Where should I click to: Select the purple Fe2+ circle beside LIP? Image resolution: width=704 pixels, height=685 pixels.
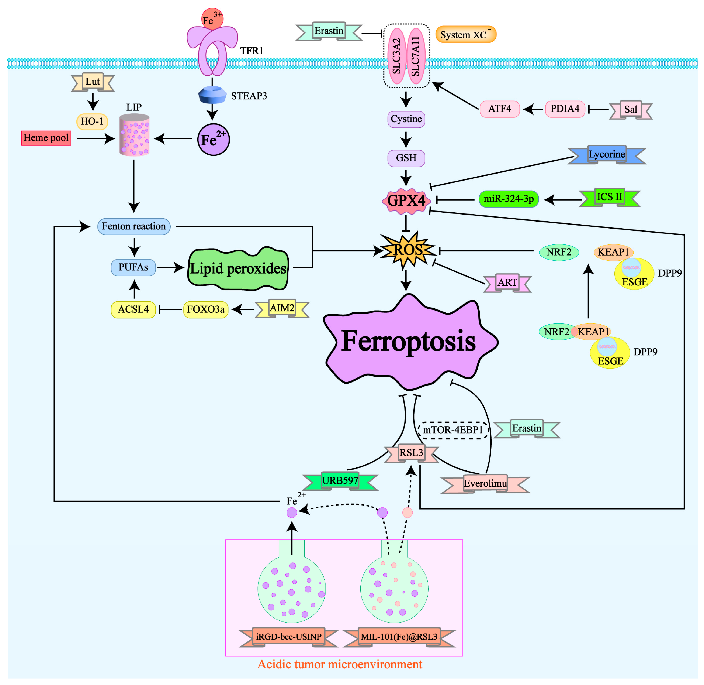pyautogui.click(x=213, y=140)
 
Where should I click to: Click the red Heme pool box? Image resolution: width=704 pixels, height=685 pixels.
pyautogui.click(x=46, y=138)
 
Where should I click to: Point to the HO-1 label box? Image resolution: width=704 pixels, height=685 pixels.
pyautogui.click(x=92, y=122)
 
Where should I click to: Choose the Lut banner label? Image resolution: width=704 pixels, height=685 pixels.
pyautogui.click(x=93, y=82)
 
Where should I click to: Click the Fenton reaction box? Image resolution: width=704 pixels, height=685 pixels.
pyautogui.click(x=134, y=226)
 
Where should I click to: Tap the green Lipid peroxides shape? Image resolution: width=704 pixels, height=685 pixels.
pyautogui.click(x=238, y=269)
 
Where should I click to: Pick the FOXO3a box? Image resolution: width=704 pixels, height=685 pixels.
pyautogui.click(x=206, y=309)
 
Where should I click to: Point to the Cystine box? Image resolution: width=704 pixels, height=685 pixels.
pyautogui.click(x=406, y=119)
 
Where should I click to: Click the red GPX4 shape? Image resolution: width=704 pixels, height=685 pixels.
pyautogui.click(x=406, y=200)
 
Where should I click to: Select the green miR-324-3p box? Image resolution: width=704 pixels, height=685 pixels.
pyautogui.click(x=508, y=199)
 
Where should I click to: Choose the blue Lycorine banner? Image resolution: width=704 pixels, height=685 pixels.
pyautogui.click(x=607, y=155)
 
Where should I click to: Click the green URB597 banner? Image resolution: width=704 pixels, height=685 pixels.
pyautogui.click(x=340, y=481)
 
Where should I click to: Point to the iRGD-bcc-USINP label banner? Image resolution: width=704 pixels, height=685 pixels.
pyautogui.click(x=288, y=637)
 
